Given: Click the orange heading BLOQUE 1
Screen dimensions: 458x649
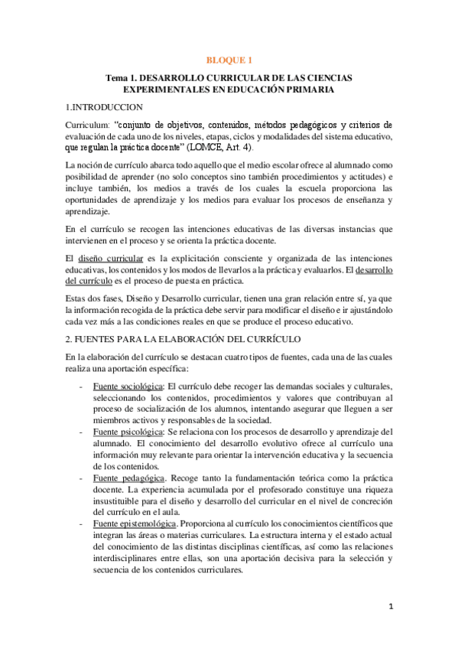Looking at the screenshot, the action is [229, 59].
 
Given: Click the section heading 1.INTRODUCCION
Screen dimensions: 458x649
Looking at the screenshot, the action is [103, 108].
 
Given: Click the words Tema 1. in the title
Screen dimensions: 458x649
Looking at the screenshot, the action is [122, 78].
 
